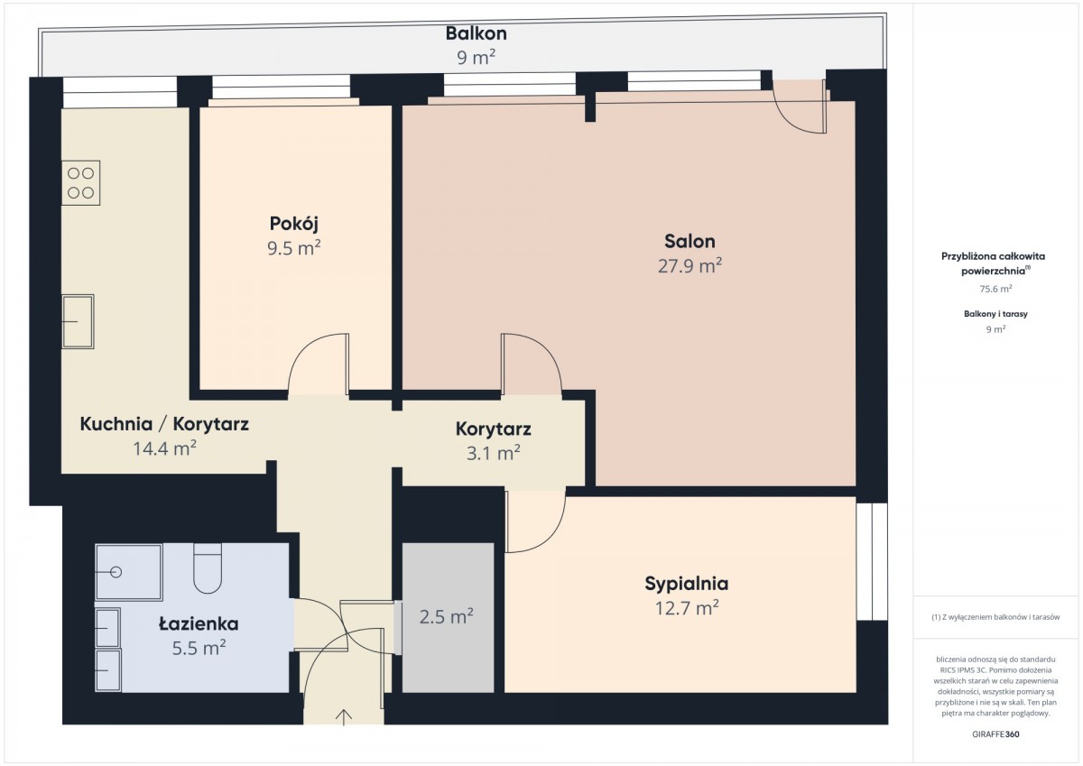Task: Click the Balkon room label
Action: pyautogui.click(x=476, y=33)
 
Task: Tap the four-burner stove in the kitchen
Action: pyautogui.click(x=80, y=182)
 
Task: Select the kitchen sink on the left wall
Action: pyautogui.click(x=78, y=321)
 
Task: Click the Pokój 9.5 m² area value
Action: pyautogui.click(x=294, y=248)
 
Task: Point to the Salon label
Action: pyautogui.click(x=690, y=241)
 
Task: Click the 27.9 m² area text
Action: pyautogui.click(x=690, y=266)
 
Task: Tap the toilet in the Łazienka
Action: pyautogui.click(x=208, y=568)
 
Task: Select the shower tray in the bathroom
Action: pyautogui.click(x=128, y=572)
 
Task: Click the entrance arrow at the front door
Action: pyautogui.click(x=343, y=717)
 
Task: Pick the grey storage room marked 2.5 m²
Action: pyautogui.click(x=448, y=617)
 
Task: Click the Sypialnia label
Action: pyautogui.click(x=687, y=584)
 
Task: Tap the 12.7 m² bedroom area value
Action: pyautogui.click(x=687, y=608)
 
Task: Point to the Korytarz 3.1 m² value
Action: pyautogui.click(x=493, y=453)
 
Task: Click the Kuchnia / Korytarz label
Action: pyautogui.click(x=164, y=424)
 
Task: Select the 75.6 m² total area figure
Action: pyautogui.click(x=995, y=289)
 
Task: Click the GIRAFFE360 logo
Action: pyautogui.click(x=995, y=734)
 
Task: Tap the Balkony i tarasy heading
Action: pyautogui.click(x=995, y=314)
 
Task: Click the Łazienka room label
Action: pyautogui.click(x=199, y=624)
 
